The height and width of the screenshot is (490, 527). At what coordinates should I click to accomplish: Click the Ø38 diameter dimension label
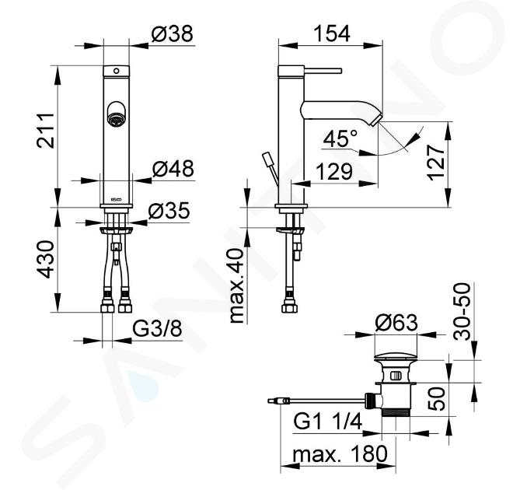click(172, 34)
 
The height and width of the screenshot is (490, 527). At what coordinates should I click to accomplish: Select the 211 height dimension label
click(46, 131)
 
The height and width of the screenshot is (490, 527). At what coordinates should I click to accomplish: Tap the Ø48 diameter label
click(173, 169)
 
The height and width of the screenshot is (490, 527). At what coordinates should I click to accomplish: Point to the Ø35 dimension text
click(169, 211)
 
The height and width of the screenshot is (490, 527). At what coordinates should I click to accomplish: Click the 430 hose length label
click(46, 259)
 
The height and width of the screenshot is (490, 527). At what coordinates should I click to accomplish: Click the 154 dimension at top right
click(332, 33)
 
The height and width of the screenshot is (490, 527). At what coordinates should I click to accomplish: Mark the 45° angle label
click(340, 138)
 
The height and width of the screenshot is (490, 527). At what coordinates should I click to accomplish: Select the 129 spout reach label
click(334, 171)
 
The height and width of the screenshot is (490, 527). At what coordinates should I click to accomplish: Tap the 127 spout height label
click(437, 163)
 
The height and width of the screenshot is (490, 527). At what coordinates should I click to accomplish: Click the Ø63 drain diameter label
click(396, 323)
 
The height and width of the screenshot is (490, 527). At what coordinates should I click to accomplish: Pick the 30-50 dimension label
click(462, 312)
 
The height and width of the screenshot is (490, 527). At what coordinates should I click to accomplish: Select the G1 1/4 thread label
click(328, 422)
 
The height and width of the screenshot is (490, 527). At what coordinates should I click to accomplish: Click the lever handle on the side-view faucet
click(323, 71)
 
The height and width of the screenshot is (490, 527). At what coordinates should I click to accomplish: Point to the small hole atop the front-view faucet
click(117, 71)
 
